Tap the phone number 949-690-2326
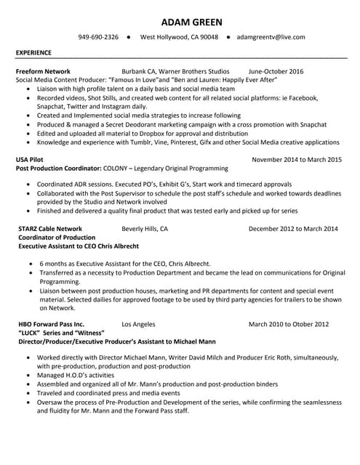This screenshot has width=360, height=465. (x=98, y=36)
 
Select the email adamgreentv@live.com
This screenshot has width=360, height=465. (x=272, y=36)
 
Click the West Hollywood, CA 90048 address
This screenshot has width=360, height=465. (x=178, y=36)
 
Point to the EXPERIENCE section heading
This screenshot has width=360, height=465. (x=33, y=53)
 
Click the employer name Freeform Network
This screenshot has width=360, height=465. (x=43, y=71)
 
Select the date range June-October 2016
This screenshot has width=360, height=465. (x=276, y=71)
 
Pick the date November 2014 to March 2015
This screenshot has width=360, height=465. (x=296, y=158)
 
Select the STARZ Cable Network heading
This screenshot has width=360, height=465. (x=49, y=228)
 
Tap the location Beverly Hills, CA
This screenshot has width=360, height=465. (x=145, y=228)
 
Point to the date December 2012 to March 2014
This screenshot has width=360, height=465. (x=293, y=228)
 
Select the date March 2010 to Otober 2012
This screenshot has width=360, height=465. (x=288, y=323)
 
